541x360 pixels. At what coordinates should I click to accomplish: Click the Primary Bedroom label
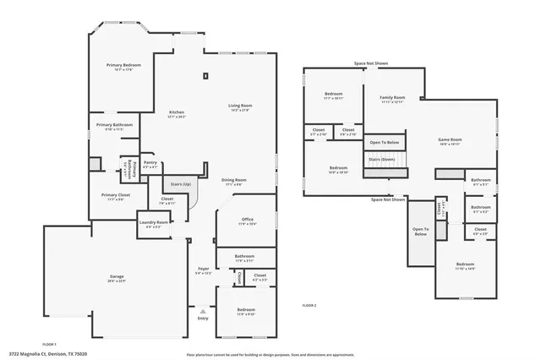click(123, 65)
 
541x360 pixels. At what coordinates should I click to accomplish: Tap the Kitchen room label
click(177, 112)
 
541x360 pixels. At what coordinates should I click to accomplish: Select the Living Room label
click(241, 106)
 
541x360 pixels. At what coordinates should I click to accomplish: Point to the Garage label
click(117, 277)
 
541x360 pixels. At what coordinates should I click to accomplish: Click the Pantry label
click(150, 162)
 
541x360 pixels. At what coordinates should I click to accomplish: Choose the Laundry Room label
click(154, 223)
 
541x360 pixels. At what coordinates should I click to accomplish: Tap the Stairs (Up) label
click(181, 183)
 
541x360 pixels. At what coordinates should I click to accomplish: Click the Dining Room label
click(234, 179)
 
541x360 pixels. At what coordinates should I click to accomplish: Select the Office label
click(247, 220)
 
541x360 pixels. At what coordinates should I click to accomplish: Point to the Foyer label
click(203, 269)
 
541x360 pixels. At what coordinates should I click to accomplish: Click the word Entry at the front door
click(203, 318)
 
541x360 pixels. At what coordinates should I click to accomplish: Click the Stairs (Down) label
click(382, 159)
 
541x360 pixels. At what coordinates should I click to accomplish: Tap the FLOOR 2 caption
click(309, 304)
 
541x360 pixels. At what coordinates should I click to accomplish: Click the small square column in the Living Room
click(205, 76)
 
